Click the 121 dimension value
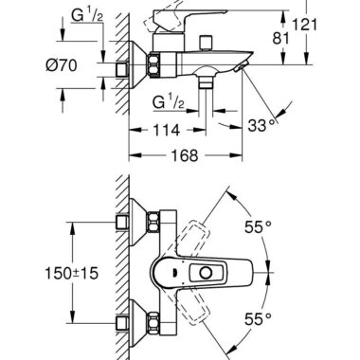point(304,25)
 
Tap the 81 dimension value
point(280,39)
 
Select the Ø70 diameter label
point(62,65)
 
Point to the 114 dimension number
point(166,130)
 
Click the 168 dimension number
point(185,155)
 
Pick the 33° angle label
point(261,125)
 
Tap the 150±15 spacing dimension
point(72,273)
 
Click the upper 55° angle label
point(258,226)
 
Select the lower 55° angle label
point(258,319)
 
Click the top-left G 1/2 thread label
point(87,15)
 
